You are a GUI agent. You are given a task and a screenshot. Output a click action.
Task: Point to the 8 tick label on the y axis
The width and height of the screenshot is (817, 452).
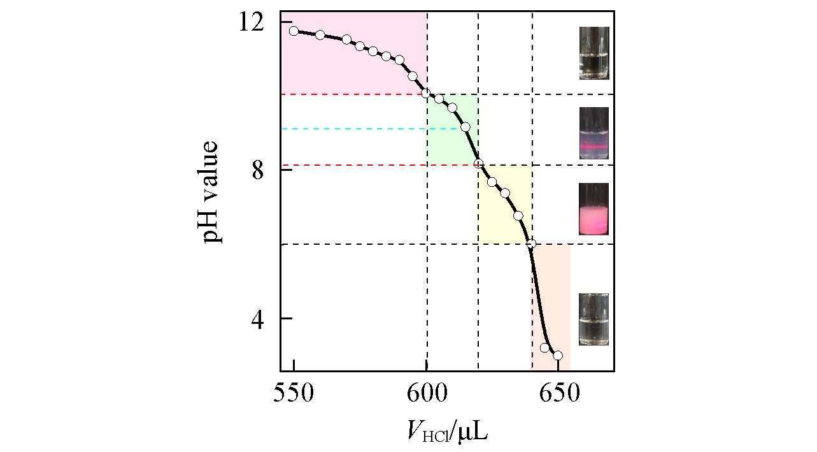(258, 171)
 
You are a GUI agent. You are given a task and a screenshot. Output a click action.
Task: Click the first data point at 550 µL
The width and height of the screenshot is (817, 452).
(294, 31)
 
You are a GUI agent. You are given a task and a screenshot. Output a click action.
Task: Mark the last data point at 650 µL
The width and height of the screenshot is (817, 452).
(558, 355)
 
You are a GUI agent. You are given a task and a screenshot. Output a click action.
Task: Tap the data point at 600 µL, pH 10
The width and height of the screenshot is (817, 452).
(426, 93)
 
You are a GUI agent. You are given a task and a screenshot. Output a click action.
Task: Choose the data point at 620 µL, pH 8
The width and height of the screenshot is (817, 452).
(479, 163)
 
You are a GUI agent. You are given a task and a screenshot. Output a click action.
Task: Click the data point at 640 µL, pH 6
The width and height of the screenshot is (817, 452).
(532, 244)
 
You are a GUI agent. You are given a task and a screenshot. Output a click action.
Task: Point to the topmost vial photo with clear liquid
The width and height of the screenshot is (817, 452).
(593, 53)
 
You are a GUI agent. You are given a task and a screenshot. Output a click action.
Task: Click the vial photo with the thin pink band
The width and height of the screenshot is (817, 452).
(593, 133)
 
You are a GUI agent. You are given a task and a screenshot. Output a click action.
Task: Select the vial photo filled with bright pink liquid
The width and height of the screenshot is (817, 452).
(593, 209)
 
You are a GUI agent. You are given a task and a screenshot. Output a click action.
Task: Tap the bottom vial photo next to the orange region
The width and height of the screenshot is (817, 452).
(593, 319)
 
